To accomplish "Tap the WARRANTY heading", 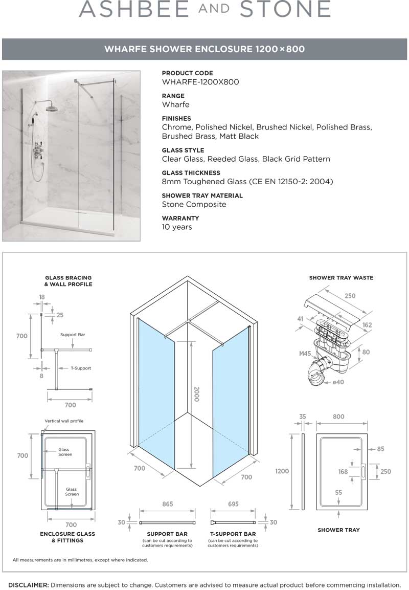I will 180,218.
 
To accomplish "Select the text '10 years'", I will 177,227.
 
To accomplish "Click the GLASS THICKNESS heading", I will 191,173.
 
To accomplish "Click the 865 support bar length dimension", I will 168,504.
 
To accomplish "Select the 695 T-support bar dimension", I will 233,504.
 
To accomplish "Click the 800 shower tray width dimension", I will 338,417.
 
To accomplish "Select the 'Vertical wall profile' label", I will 64,421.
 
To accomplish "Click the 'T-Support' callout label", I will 81,368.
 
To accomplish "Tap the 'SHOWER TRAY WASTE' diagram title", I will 341,278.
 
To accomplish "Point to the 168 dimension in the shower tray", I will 343,472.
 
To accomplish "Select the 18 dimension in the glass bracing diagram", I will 41,296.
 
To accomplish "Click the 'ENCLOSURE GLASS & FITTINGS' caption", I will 67,537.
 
